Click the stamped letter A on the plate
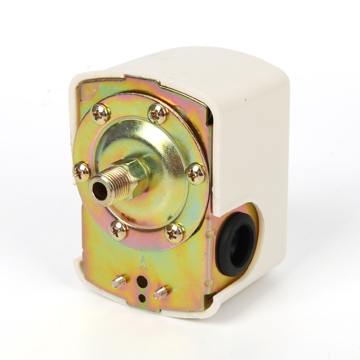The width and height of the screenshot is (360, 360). [143, 263]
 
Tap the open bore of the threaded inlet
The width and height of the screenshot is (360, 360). [100, 191]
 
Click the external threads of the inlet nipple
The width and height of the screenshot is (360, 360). [110, 187]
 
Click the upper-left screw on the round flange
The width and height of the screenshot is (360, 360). [100, 114]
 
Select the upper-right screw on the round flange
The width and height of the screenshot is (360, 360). [158, 114]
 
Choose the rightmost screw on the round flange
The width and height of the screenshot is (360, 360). [195, 174]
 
